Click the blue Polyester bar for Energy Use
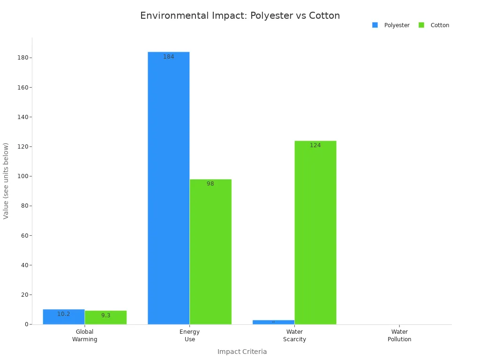(x=168, y=187)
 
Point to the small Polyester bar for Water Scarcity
(x=273, y=322)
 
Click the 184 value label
(x=169, y=57)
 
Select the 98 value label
(x=210, y=184)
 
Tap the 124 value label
(x=315, y=145)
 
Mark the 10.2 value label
(x=64, y=314)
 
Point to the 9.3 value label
(x=106, y=315)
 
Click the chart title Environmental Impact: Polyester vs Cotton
(x=240, y=15)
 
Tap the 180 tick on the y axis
(x=22, y=58)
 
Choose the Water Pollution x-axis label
(x=399, y=336)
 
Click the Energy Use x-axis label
(x=189, y=336)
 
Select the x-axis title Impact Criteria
(x=242, y=352)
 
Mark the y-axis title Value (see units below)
(x=6, y=180)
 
